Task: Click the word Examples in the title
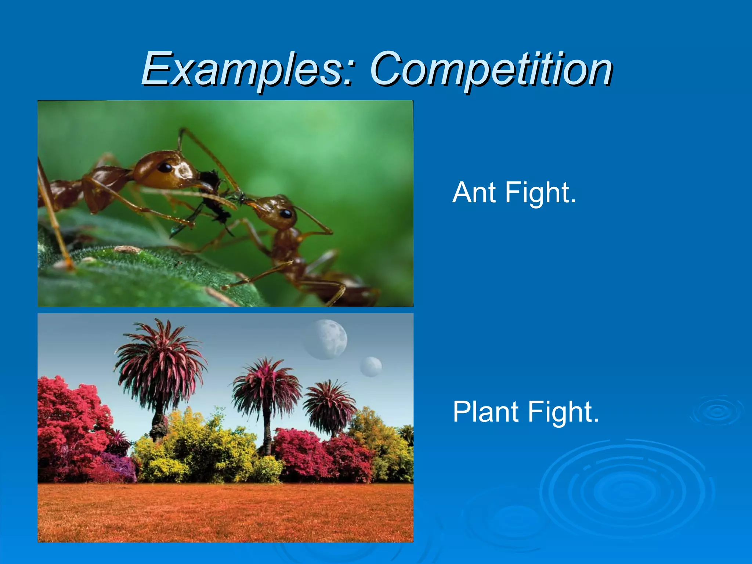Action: click(x=242, y=69)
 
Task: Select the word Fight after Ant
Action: click(x=540, y=193)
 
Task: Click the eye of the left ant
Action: click(x=165, y=168)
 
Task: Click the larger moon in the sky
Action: click(x=325, y=339)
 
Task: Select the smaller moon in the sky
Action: click(x=371, y=366)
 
